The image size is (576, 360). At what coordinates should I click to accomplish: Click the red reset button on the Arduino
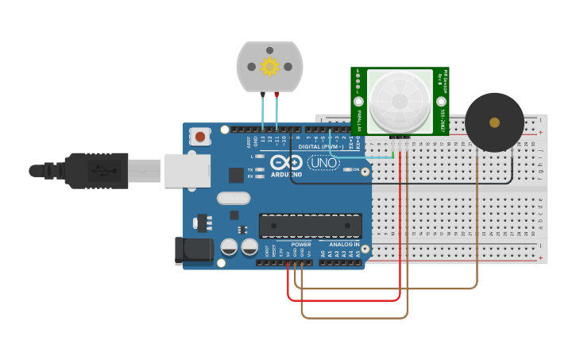[199, 137]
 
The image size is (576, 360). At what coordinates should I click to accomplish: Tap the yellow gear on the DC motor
[269, 67]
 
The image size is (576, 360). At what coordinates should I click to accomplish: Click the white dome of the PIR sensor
[400, 101]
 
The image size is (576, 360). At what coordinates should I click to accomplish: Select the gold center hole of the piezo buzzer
[494, 122]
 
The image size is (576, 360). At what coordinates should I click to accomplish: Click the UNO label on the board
[323, 163]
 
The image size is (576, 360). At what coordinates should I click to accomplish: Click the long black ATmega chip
[310, 226]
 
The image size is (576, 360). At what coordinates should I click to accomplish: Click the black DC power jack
[195, 250]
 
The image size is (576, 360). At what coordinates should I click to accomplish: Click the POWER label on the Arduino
[301, 245]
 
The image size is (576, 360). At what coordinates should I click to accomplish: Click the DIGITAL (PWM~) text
[322, 146]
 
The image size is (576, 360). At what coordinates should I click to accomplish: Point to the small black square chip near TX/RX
[236, 176]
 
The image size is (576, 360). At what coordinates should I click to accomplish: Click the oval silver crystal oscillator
[233, 198]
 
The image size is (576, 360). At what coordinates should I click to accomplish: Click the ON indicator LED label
[355, 169]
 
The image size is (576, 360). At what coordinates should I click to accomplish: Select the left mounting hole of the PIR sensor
[358, 103]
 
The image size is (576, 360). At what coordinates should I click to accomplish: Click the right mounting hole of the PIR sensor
[441, 103]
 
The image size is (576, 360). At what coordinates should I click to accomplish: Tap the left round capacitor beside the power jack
[229, 248]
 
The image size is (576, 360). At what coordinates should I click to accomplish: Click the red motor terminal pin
[276, 95]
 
